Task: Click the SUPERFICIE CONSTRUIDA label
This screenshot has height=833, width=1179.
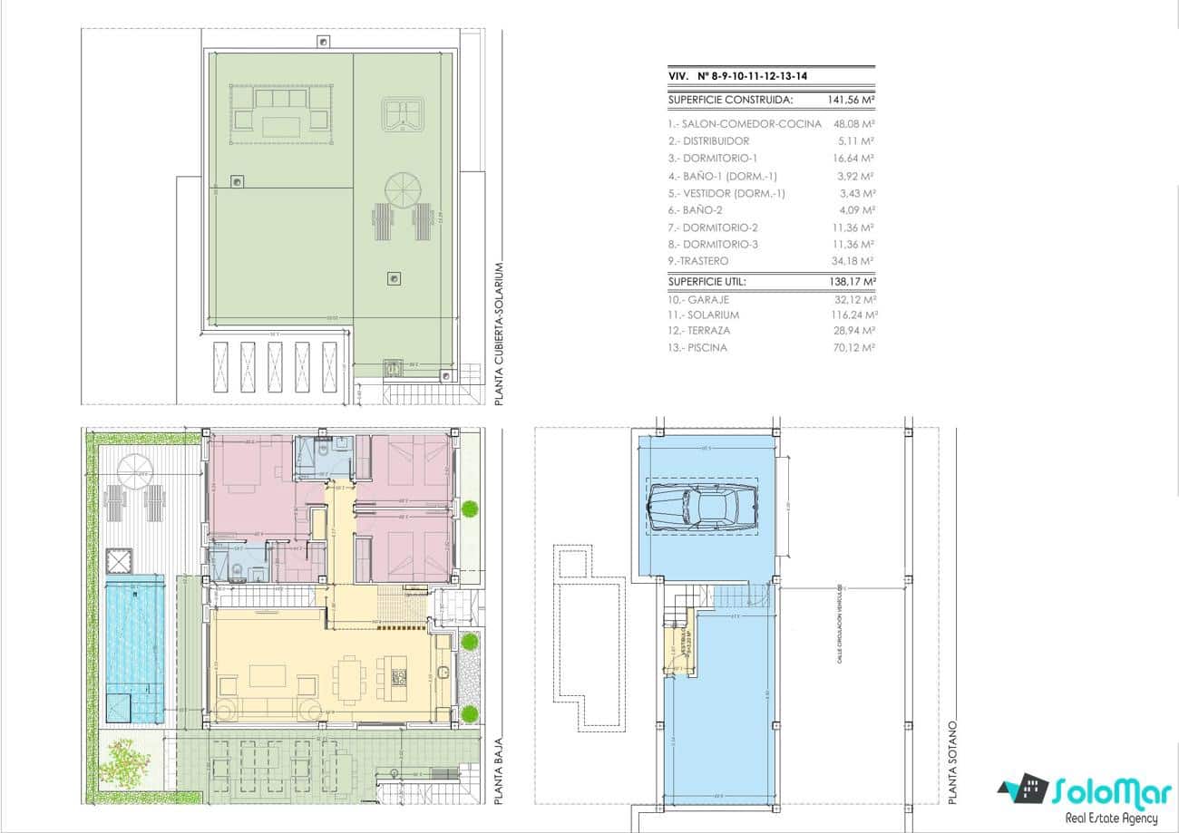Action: (x=730, y=101)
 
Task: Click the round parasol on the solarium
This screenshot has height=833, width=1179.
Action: (x=404, y=190)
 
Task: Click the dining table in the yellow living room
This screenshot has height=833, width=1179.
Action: (x=349, y=680)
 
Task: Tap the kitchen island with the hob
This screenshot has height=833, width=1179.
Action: (x=396, y=676)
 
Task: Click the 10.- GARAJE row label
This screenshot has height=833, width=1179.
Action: (x=697, y=299)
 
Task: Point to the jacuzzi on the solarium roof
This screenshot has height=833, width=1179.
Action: (x=400, y=115)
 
